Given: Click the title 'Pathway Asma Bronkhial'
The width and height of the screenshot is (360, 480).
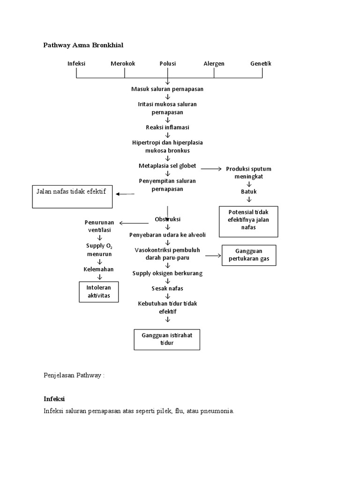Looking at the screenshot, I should [x=83, y=45].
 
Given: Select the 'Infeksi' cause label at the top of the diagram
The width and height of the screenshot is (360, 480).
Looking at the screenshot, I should [x=76, y=64].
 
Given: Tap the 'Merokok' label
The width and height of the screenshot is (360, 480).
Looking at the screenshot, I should [x=123, y=64].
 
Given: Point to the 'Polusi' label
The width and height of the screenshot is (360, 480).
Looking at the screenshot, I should [x=167, y=64].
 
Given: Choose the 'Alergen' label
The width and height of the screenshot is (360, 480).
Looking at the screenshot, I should [x=214, y=64].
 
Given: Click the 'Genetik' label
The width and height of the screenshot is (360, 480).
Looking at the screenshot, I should [x=261, y=64].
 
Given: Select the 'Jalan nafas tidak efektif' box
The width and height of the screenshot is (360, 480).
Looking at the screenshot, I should [x=73, y=196].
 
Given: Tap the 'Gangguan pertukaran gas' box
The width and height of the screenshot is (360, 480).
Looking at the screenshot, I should [x=249, y=255].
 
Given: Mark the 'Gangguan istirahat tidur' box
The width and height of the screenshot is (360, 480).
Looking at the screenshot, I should [x=167, y=339].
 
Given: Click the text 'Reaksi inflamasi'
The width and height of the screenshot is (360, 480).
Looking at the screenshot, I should [x=167, y=127].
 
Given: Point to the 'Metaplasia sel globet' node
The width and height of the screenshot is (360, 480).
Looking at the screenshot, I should [x=167, y=166].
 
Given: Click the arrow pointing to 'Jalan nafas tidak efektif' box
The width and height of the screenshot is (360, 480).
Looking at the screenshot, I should [x=125, y=194].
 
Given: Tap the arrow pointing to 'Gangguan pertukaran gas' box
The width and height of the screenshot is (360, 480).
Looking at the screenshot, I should [x=213, y=255].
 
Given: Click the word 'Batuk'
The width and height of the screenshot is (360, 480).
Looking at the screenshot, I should [x=249, y=191].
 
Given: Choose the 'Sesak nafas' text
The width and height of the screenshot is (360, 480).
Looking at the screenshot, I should [x=167, y=288].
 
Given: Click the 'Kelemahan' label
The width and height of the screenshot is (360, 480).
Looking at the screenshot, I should [x=98, y=270].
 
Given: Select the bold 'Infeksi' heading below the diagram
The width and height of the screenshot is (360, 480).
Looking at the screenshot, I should [x=54, y=398].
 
